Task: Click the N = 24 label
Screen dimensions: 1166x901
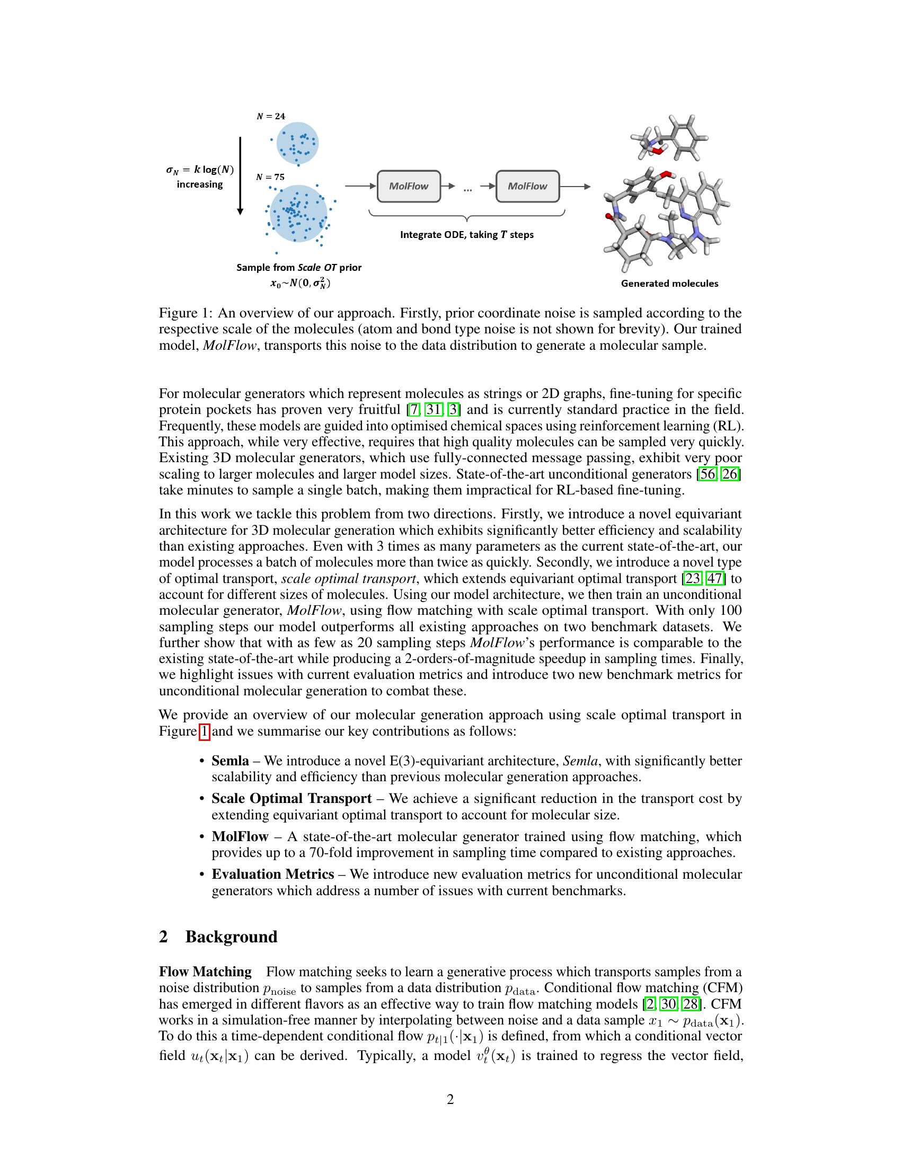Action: [x=271, y=117]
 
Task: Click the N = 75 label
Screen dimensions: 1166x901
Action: [x=270, y=177]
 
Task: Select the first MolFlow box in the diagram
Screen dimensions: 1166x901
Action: [x=409, y=187]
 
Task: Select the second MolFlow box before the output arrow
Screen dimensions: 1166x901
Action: [x=527, y=187]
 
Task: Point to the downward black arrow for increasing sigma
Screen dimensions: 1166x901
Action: [x=240, y=175]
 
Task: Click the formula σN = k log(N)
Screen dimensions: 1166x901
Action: [x=200, y=170]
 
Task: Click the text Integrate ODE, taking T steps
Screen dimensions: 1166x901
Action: [x=466, y=235]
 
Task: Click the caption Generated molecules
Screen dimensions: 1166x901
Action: [x=669, y=284]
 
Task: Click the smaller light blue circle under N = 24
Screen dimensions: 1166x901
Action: [x=297, y=143]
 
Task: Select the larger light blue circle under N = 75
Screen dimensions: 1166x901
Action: [x=298, y=214]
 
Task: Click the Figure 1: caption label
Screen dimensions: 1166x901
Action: [x=185, y=313]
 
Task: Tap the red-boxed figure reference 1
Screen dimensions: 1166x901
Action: [x=205, y=731]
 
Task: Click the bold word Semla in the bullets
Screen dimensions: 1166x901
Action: [x=230, y=761]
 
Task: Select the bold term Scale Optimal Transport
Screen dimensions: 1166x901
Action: [x=291, y=799]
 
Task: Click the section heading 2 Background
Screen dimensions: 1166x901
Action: [x=218, y=937]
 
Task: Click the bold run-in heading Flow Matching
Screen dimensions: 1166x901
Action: [x=206, y=971]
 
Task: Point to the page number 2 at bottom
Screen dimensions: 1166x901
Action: [x=450, y=1099]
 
